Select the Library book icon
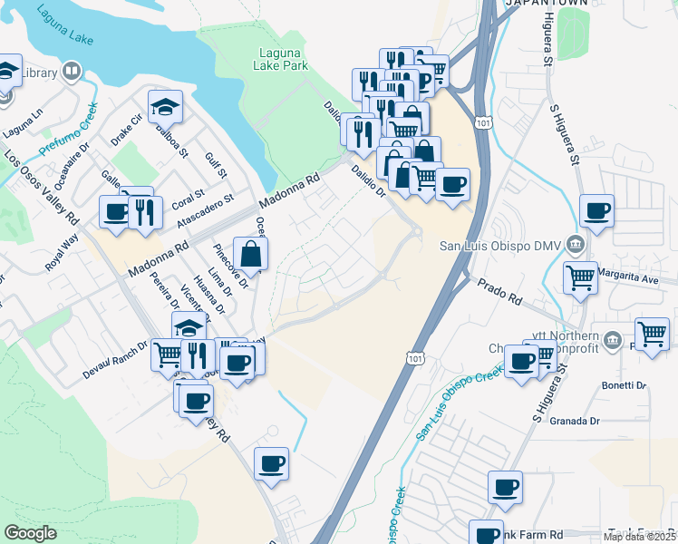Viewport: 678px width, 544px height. pyautogui.click(x=72, y=72)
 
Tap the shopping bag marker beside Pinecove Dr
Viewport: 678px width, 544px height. pyautogui.click(x=251, y=255)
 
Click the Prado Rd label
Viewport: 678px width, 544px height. pyautogui.click(x=499, y=291)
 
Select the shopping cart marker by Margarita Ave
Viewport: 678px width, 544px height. pyautogui.click(x=580, y=278)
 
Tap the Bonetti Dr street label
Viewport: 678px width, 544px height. pyautogui.click(x=624, y=385)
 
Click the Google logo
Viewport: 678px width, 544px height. pyautogui.click(x=30, y=533)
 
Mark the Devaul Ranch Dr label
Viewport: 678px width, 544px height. pyautogui.click(x=116, y=361)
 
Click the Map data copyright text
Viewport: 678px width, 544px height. pyautogui.click(x=640, y=536)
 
